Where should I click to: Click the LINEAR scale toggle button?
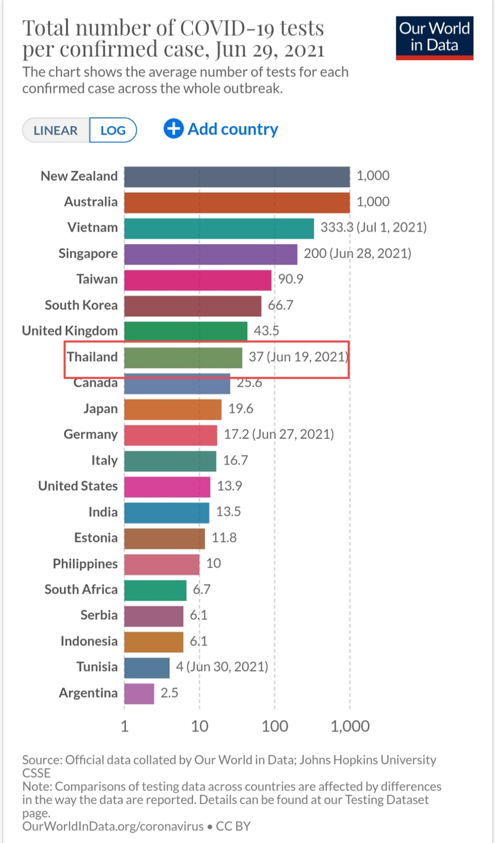pos(56,131)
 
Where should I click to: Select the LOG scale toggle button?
pos(113,131)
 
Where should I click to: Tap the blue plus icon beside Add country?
pos(174,129)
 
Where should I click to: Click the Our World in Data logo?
pos(434,38)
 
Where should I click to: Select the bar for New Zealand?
pos(236,177)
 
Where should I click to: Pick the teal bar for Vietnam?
pos(219,228)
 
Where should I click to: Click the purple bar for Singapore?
pos(211,254)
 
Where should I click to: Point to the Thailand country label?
pos(92,357)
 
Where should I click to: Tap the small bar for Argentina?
pos(139,694)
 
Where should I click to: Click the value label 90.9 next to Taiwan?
pos(290,279)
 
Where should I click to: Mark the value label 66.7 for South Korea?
pos(280,305)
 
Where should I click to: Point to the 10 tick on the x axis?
pos(199,726)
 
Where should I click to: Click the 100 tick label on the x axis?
pos(275,726)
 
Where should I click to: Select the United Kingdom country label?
pos(70,331)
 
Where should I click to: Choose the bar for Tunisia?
pos(147,668)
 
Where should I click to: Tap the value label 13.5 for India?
pos(229,512)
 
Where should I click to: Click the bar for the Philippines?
pos(162,564)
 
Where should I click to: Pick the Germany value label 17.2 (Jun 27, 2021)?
pos(279,434)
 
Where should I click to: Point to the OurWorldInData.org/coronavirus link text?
pos(113,826)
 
